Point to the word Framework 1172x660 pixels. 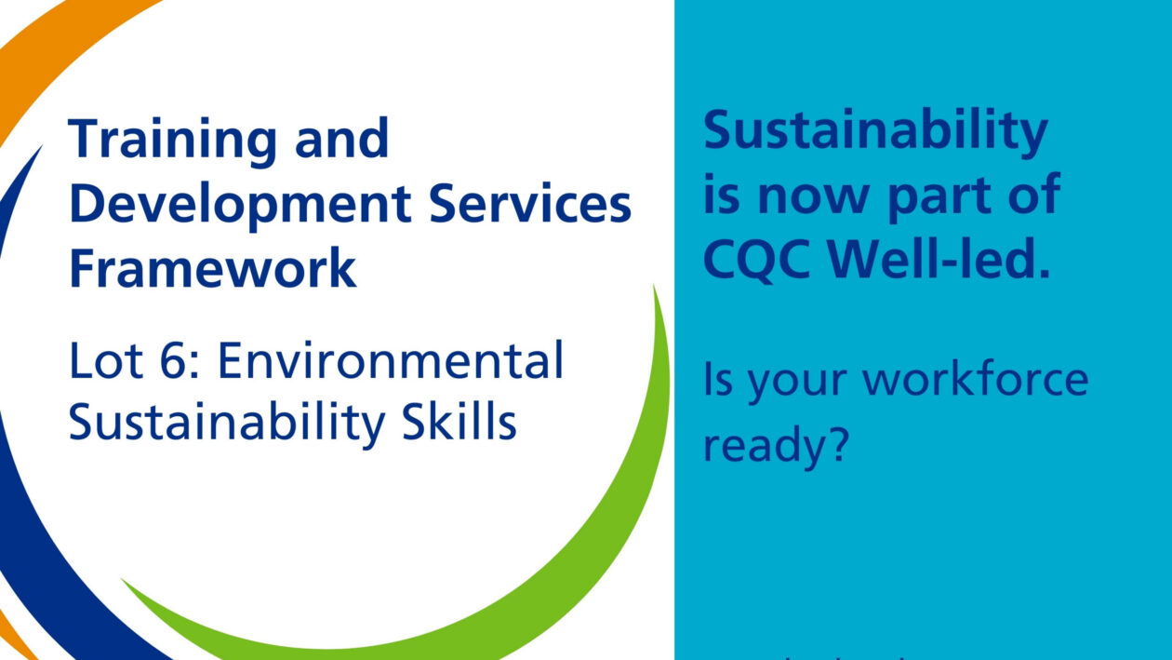213,268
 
